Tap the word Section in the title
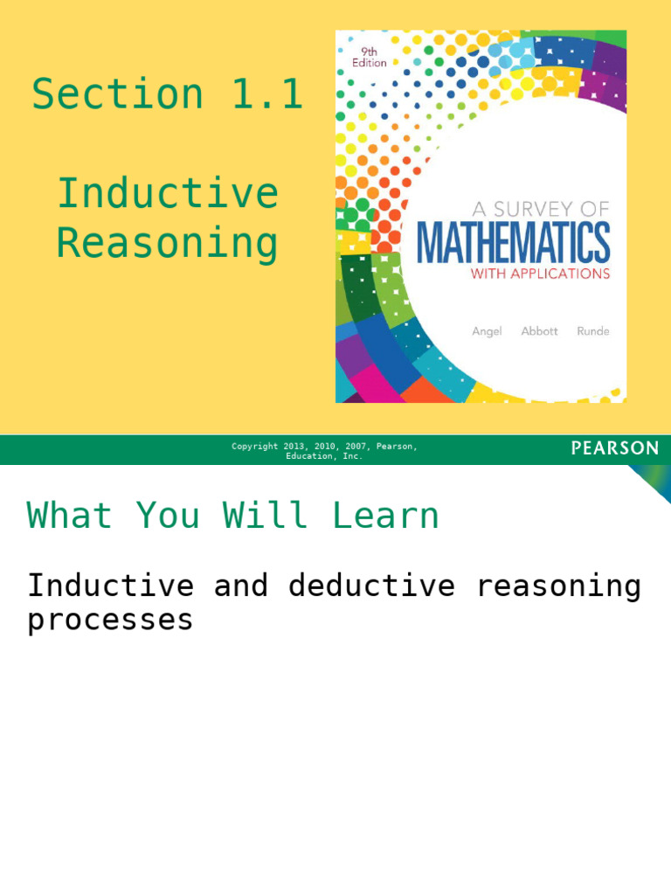[x=118, y=94]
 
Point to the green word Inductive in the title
[x=168, y=193]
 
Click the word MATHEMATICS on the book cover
[x=513, y=243]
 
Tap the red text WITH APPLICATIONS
[x=540, y=274]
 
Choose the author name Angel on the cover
[x=487, y=331]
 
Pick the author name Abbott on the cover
[x=539, y=331]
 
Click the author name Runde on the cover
[x=592, y=331]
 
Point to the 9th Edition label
[x=368, y=57]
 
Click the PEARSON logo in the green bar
[x=615, y=448]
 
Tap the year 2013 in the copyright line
[x=294, y=447]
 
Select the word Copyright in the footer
[x=254, y=447]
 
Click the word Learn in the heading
[x=385, y=516]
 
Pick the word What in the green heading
[x=70, y=516]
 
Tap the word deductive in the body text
[x=371, y=586]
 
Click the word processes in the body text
[x=110, y=620]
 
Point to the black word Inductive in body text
[x=110, y=586]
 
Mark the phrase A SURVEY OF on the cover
[x=540, y=209]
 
